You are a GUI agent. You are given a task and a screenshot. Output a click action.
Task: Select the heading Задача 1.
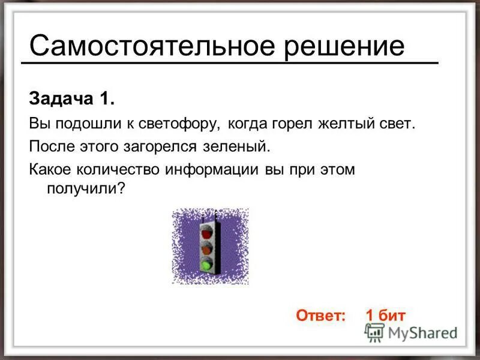pyautogui.click(x=71, y=98)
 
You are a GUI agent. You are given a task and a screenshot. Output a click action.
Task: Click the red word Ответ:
pyautogui.click(x=321, y=316)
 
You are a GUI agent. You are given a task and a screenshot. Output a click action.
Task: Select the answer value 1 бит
pyautogui.click(x=385, y=316)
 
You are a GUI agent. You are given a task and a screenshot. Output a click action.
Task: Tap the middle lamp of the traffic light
pyautogui.click(x=207, y=247)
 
